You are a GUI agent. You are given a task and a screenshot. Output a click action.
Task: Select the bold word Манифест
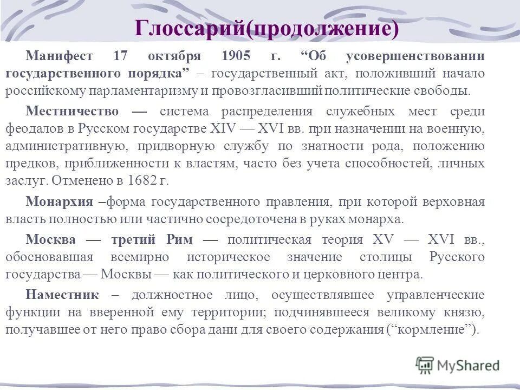click(x=60, y=56)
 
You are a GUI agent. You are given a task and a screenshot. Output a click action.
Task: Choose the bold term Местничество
click(x=73, y=112)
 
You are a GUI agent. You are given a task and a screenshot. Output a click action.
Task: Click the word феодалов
click(x=31, y=129)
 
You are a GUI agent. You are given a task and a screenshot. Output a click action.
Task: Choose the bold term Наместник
click(x=62, y=295)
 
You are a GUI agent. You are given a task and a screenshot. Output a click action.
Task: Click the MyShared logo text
click(x=468, y=366)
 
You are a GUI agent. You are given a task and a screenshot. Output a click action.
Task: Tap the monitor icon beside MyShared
click(x=425, y=365)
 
